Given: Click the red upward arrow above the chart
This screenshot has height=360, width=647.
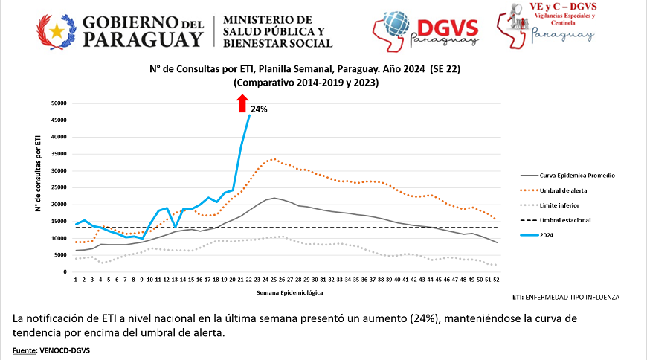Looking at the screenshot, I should click(242, 104).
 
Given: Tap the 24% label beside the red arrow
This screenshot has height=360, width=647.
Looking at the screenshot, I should click(259, 109).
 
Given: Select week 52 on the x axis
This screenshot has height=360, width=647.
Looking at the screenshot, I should click(495, 280).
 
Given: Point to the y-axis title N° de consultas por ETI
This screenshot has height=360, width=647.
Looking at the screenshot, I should click(36, 173).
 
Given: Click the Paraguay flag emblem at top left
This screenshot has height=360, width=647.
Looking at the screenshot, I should click(57, 32).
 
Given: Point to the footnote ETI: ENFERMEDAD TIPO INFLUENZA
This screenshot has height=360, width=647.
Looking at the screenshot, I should click(566, 297).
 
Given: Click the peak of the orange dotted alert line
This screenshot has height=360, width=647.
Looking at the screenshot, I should click(274, 158).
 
